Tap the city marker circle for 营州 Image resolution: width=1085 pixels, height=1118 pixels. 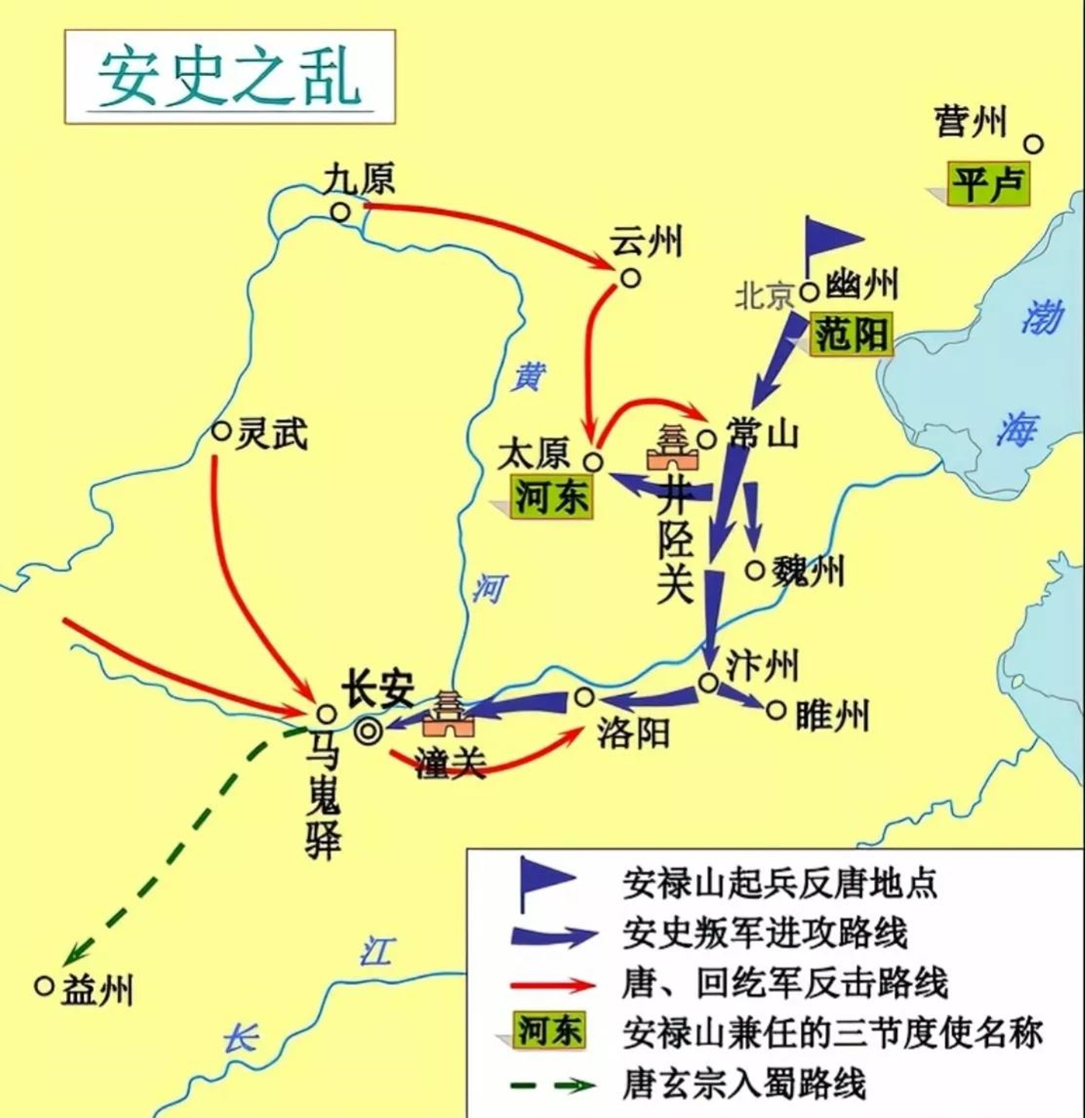[x=1033, y=144]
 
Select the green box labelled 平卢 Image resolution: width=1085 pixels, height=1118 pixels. [x=988, y=185]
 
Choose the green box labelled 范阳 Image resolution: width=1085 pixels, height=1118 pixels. [x=851, y=335]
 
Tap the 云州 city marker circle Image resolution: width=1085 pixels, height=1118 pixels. [x=631, y=278]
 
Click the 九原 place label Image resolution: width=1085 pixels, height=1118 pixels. [x=359, y=180]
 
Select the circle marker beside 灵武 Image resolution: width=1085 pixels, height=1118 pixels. [x=221, y=431]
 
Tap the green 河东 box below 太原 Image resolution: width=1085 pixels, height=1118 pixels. [x=552, y=497]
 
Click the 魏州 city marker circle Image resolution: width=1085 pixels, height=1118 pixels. [x=756, y=570]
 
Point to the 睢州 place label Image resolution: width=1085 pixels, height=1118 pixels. [x=832, y=717]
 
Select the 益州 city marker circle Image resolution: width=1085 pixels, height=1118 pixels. [x=44, y=986]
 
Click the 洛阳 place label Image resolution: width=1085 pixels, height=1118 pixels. [x=633, y=733]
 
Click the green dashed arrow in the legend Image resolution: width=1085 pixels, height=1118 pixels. [x=553, y=1085]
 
